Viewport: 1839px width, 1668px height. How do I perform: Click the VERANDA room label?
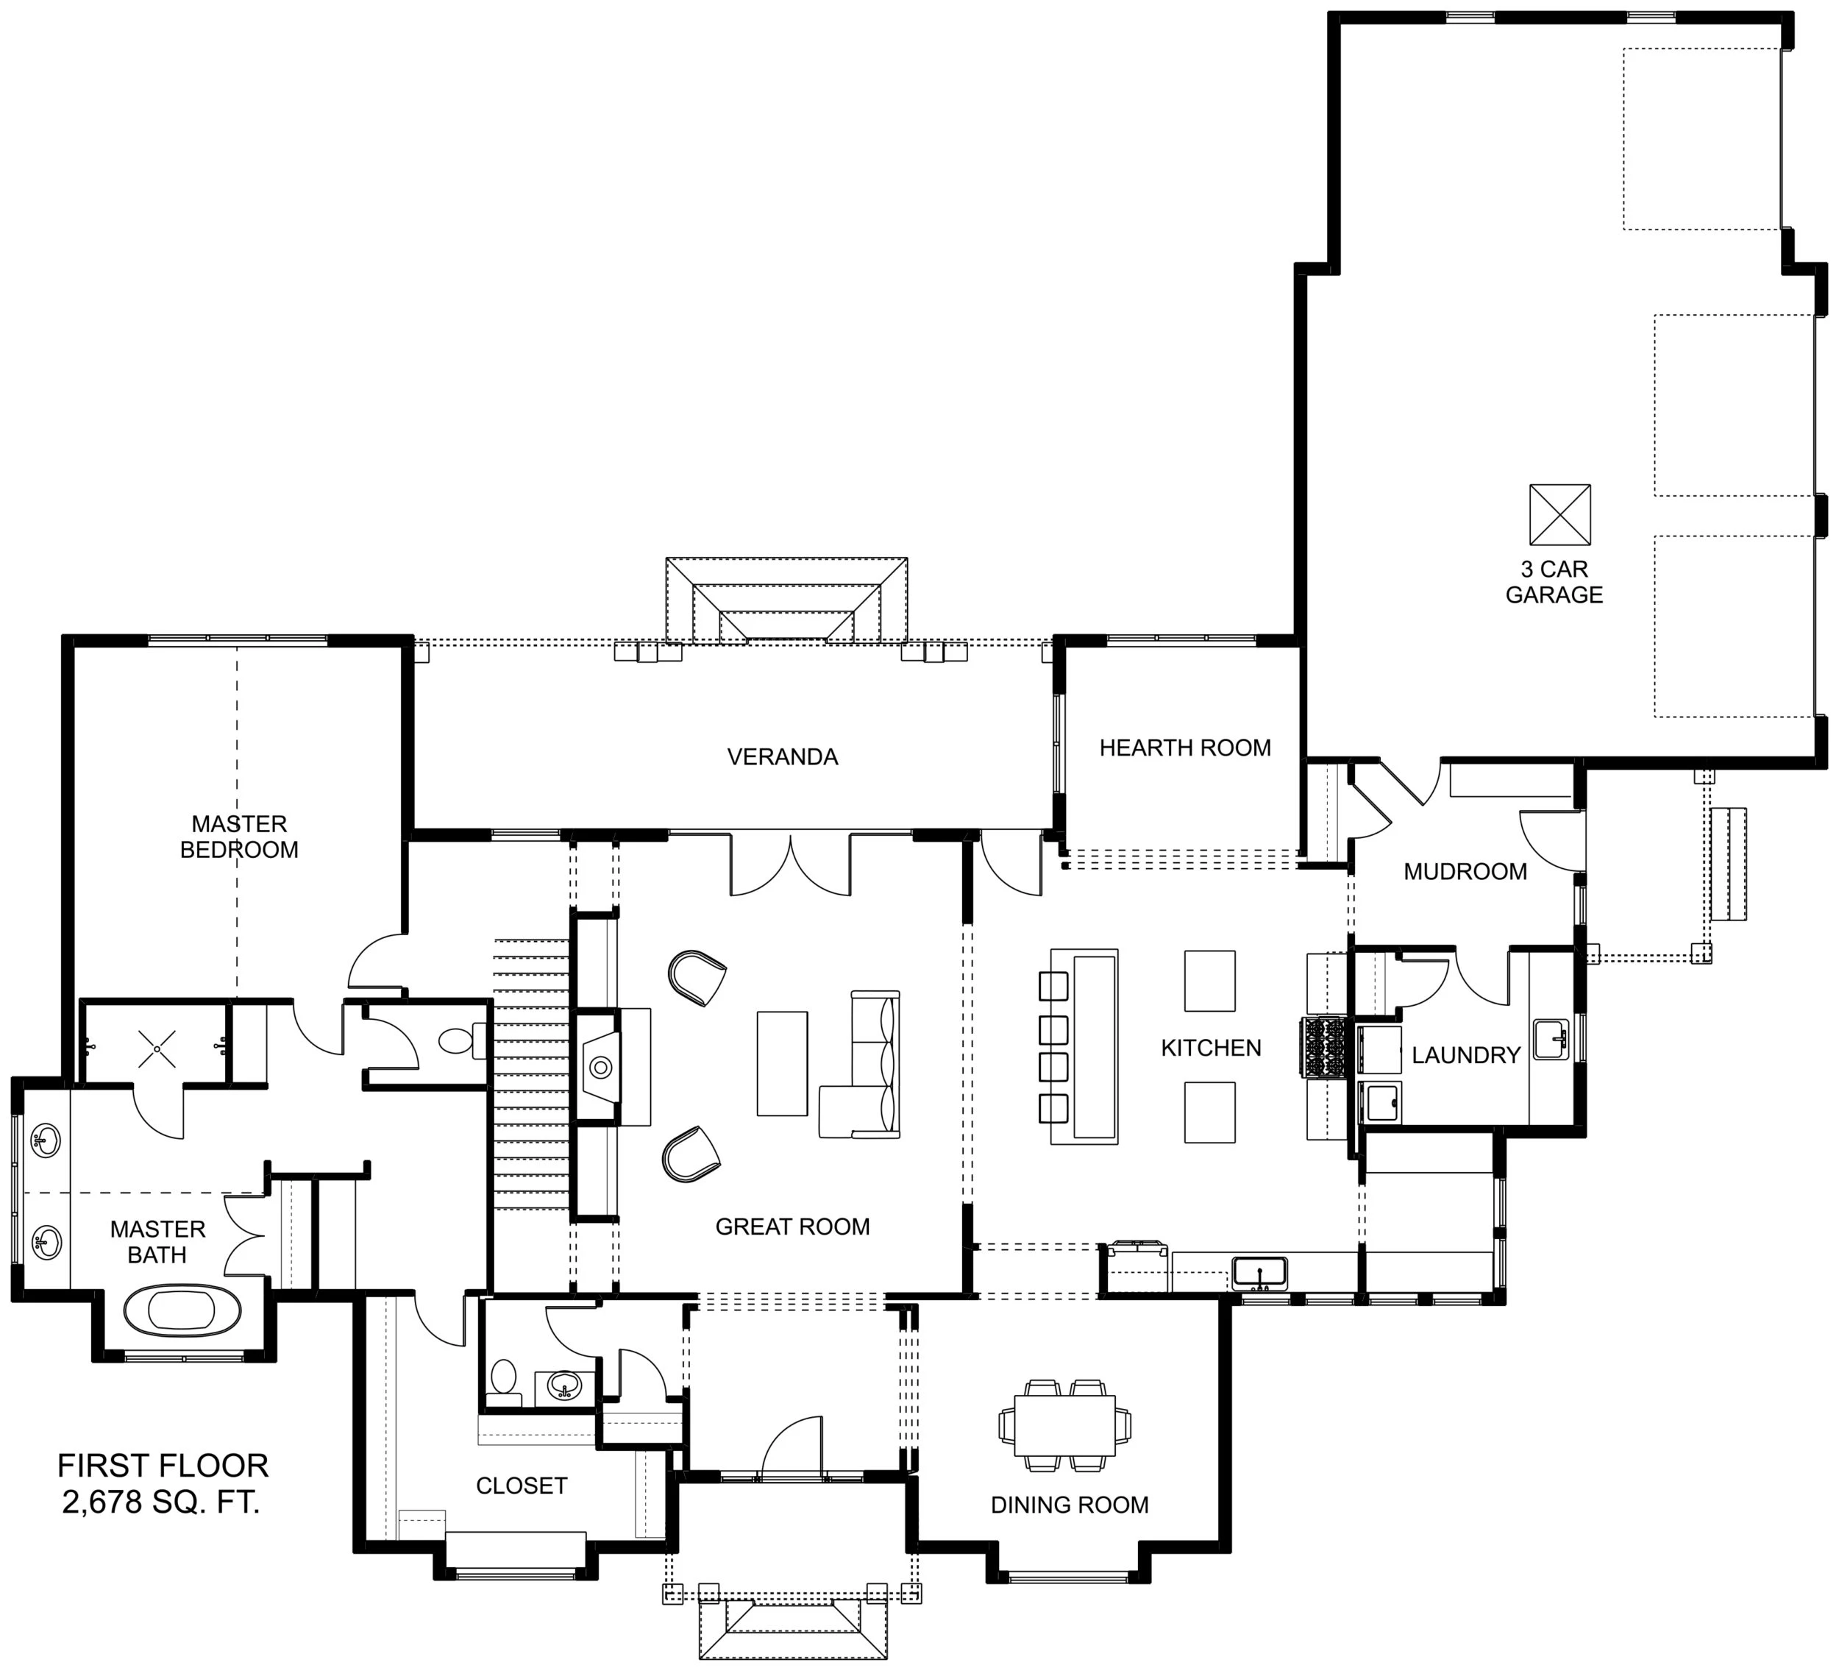782,756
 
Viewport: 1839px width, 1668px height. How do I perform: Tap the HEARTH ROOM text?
1185,748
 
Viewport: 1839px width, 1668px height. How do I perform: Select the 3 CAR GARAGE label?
1554,582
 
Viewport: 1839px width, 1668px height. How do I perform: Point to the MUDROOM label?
1465,871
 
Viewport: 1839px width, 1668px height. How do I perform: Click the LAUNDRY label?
1466,1055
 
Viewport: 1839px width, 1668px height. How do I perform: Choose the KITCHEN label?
1211,1048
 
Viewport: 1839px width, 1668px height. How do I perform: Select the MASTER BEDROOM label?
239,837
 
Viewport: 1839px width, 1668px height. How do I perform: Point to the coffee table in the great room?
782,1063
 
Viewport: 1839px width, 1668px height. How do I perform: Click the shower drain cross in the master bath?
156,1049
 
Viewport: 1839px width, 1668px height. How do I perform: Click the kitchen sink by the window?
1260,1272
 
